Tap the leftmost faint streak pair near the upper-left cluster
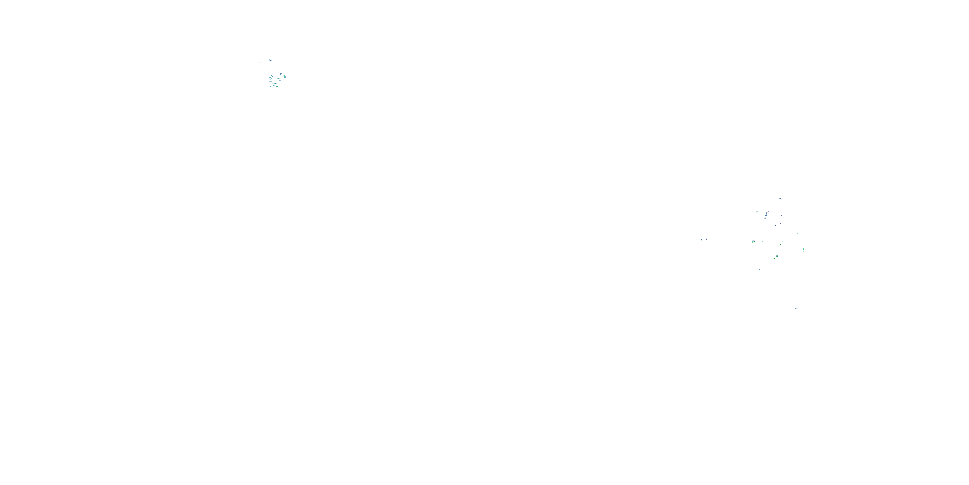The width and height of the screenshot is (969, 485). tap(260, 62)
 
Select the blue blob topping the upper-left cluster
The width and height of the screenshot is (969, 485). tap(280, 74)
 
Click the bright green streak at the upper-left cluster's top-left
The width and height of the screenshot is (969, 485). tap(271, 76)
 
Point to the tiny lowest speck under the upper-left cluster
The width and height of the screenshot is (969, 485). tap(281, 91)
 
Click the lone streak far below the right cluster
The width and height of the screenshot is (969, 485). tap(796, 308)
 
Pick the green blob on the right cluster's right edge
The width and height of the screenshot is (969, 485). tap(804, 249)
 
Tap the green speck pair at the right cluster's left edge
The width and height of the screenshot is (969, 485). tap(754, 242)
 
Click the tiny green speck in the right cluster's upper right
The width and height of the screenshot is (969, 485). tap(797, 234)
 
